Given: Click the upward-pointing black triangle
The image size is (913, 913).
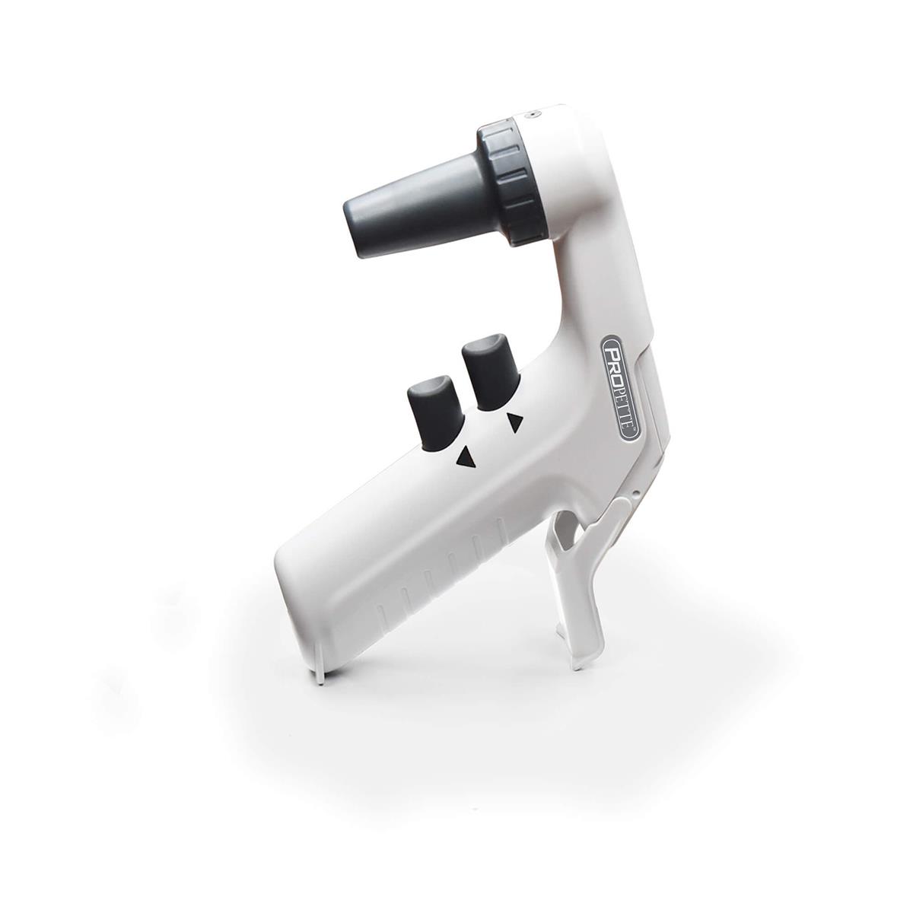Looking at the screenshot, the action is tap(465, 457).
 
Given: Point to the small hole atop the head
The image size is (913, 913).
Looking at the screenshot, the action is tap(534, 113).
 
